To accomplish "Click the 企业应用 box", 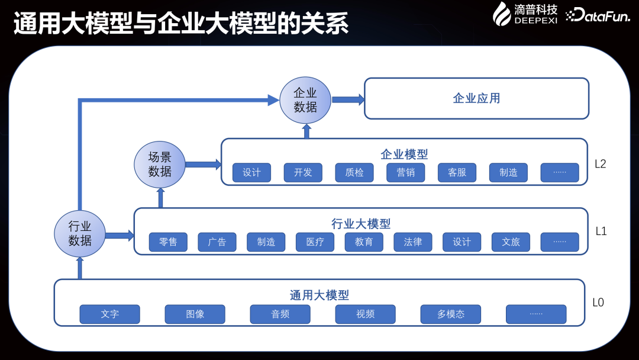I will pos(476,98).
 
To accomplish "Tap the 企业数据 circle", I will pos(305,100).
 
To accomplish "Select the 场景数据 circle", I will pos(160,164).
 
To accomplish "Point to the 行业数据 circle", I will pos(80,233).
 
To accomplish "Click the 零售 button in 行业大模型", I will pos(168,242).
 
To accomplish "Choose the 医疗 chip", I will pos(315,242).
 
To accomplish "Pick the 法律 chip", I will pos(413,242).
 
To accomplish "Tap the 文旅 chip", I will pos(511,242).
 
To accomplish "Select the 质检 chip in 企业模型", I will pos(354,172).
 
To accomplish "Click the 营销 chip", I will pos(406,172).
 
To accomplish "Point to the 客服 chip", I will pos(457,172).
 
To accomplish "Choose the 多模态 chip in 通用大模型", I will pos(451,314).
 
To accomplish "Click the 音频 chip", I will pos(280,314).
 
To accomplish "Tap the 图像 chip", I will pos(195,314).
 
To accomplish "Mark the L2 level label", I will pos(600,164).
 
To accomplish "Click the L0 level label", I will pos(598,303).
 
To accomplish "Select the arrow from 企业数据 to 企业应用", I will pos(347,100).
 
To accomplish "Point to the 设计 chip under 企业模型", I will pos(251,172).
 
